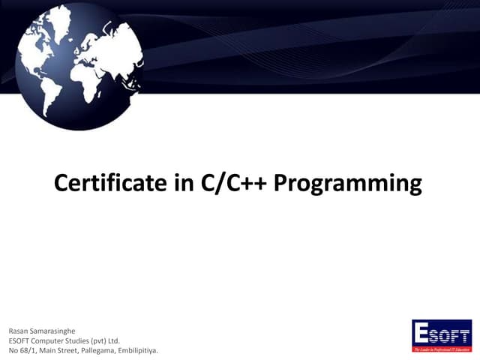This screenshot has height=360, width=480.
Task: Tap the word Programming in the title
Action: pos(349,184)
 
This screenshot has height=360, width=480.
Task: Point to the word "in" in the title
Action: pos(184,183)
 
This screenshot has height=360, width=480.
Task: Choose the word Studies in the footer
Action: pos(85,340)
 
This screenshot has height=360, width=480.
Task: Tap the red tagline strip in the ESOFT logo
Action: pos(442,349)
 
